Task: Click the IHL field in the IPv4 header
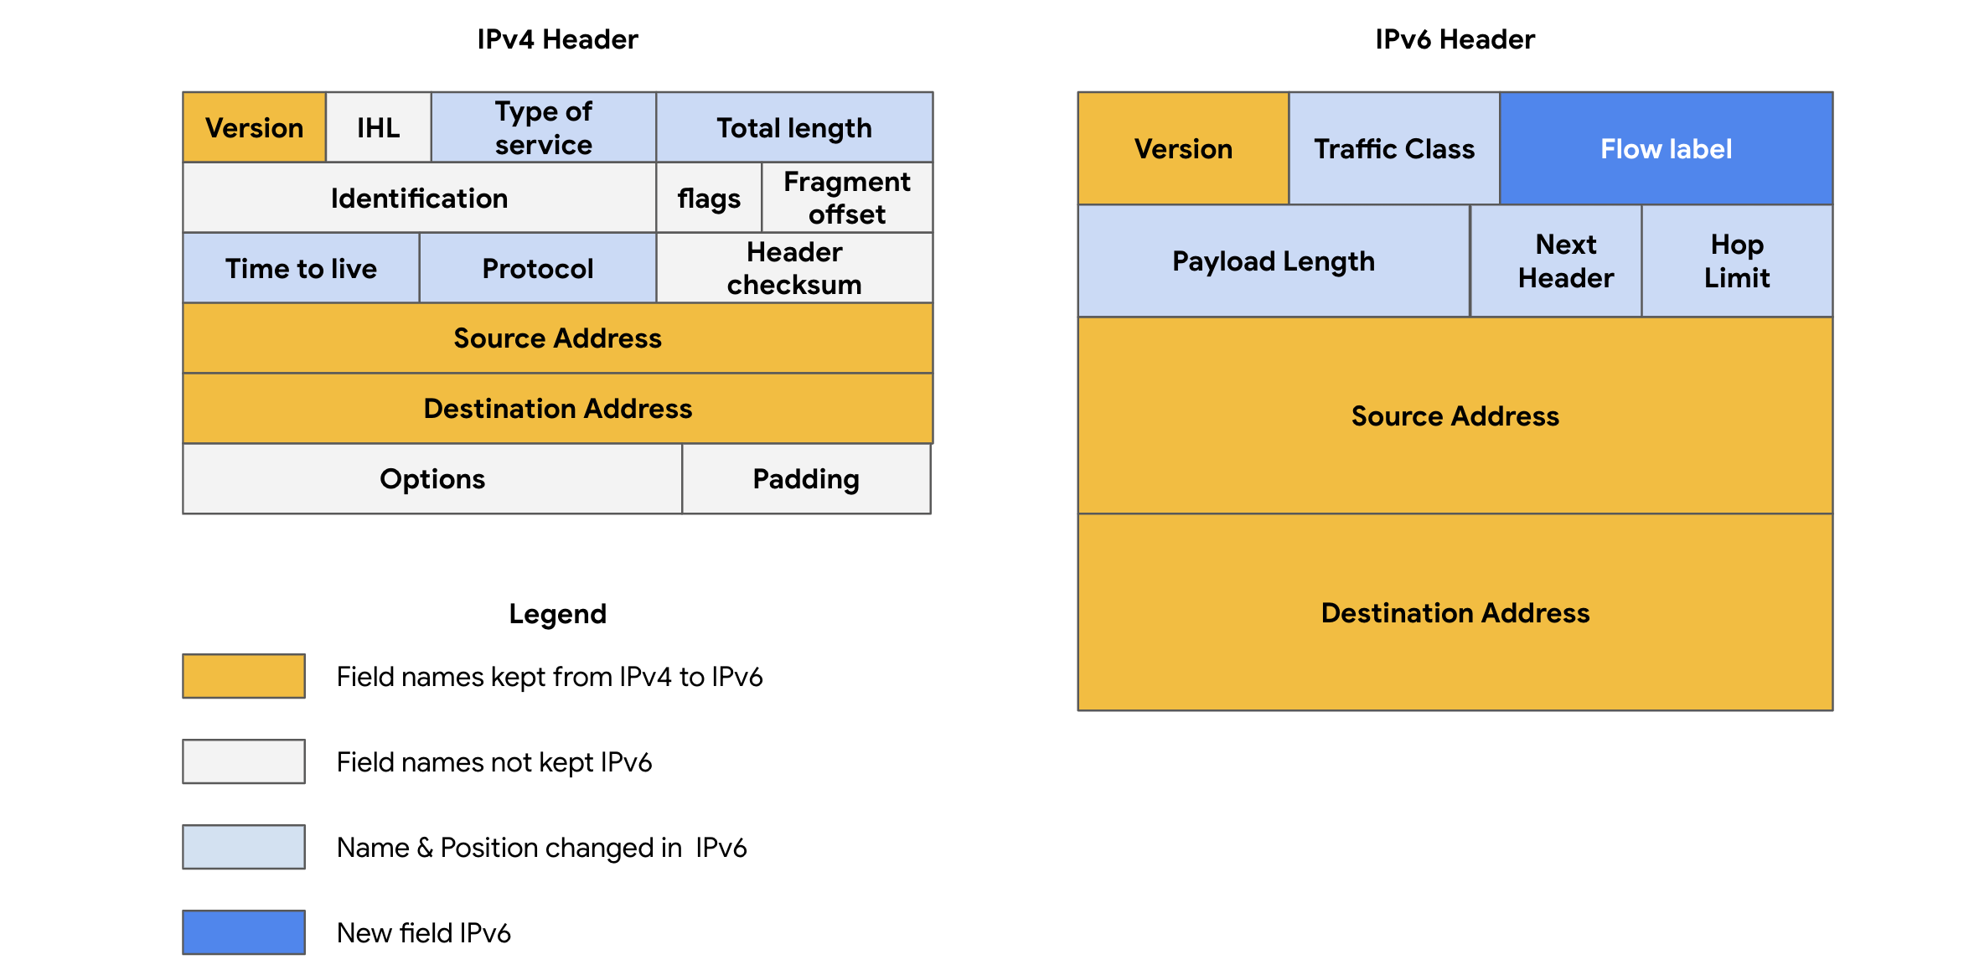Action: click(x=378, y=127)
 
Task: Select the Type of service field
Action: click(x=543, y=127)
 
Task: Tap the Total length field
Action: click(x=793, y=127)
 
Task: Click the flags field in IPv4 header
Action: click(x=709, y=198)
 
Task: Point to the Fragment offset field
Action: click(x=846, y=198)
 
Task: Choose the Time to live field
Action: click(x=301, y=268)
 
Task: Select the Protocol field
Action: click(x=537, y=268)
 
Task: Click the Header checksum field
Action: click(x=793, y=268)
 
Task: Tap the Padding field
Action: click(x=805, y=479)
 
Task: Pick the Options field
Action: click(x=432, y=479)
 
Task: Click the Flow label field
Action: click(x=1666, y=149)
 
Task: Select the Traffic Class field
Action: click(x=1393, y=149)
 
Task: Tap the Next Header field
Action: click(x=1565, y=261)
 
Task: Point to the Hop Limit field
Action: click(x=1737, y=261)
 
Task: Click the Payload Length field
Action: click(x=1274, y=261)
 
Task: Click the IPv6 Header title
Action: click(x=1455, y=39)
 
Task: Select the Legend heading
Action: click(x=557, y=614)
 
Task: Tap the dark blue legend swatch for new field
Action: click(x=244, y=932)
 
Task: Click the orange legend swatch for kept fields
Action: click(x=244, y=676)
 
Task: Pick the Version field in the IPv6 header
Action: click(x=1183, y=149)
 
